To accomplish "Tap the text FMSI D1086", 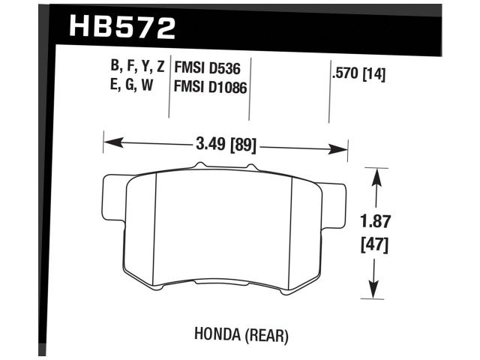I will [x=211, y=87].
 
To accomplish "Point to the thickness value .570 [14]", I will [x=358, y=75].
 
